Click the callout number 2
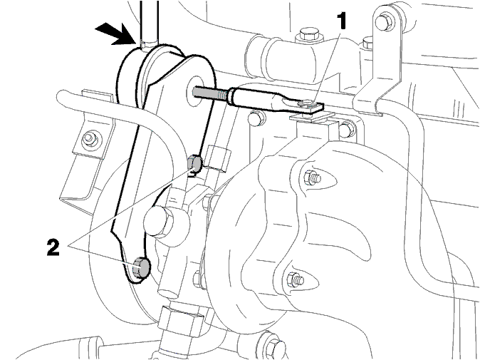53,247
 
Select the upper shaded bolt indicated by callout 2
194,164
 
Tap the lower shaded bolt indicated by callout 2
141,267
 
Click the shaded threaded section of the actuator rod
211,93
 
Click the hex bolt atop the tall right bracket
384,21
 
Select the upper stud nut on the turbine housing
313,178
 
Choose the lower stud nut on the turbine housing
296,279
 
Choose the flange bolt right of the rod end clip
347,129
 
